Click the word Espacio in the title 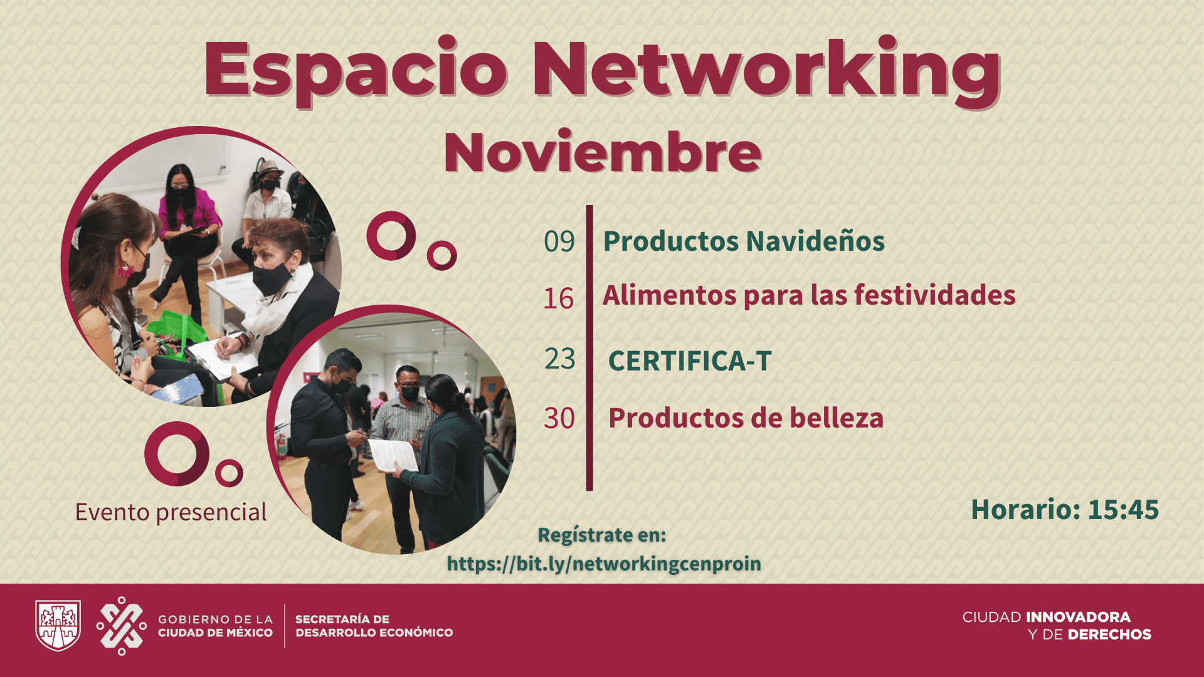pyautogui.click(x=356, y=70)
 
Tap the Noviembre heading pyautogui.click(x=603, y=152)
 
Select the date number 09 pyautogui.click(x=559, y=241)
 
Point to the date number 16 pyautogui.click(x=559, y=298)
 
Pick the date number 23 pyautogui.click(x=560, y=359)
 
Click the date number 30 pyautogui.click(x=559, y=418)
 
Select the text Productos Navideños pyautogui.click(x=744, y=241)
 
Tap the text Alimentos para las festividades pyautogui.click(x=809, y=295)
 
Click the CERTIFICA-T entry pyautogui.click(x=690, y=361)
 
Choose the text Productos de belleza pyautogui.click(x=746, y=418)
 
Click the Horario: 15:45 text pyautogui.click(x=1065, y=510)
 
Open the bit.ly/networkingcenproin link pyautogui.click(x=604, y=564)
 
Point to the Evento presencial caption pyautogui.click(x=171, y=512)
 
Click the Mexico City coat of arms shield pyautogui.click(x=58, y=626)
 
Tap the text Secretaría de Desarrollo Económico pyautogui.click(x=374, y=626)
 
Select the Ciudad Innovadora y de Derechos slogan pyautogui.click(x=1057, y=626)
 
